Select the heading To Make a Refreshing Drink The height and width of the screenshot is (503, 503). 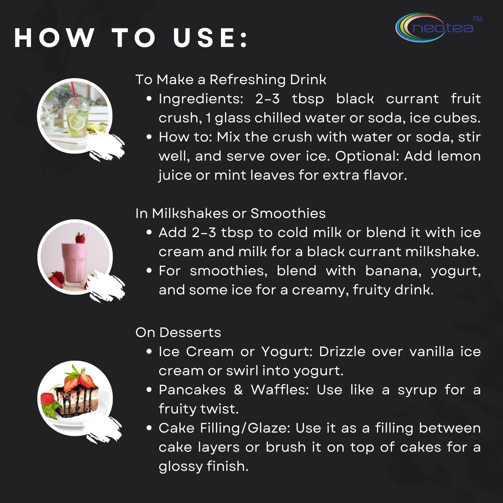coord(231,80)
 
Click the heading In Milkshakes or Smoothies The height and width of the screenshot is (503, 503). coord(230,213)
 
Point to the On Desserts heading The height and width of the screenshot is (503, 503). coord(178,332)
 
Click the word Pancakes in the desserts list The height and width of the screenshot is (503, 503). coord(192,390)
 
